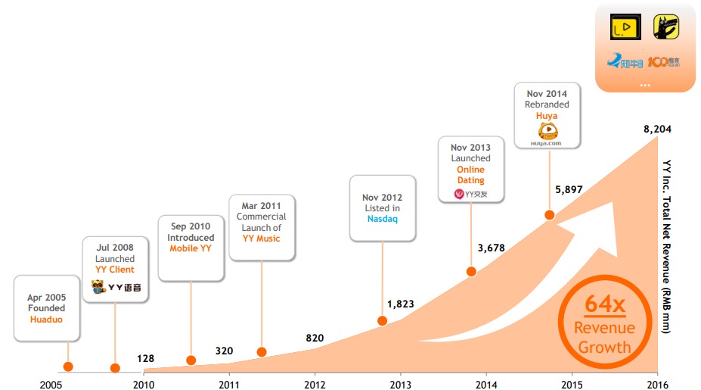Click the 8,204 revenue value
657,129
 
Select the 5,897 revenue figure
569,189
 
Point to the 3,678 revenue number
491,248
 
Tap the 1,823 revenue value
401,304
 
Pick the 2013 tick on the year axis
400,384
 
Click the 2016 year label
658,384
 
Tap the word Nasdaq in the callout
383,220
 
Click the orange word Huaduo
47,320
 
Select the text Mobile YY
191,248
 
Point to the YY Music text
262,239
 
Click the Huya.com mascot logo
547,134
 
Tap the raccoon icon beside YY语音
98,287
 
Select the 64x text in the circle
604,306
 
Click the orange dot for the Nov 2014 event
550,215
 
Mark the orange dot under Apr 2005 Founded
69,367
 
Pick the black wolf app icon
665,28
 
